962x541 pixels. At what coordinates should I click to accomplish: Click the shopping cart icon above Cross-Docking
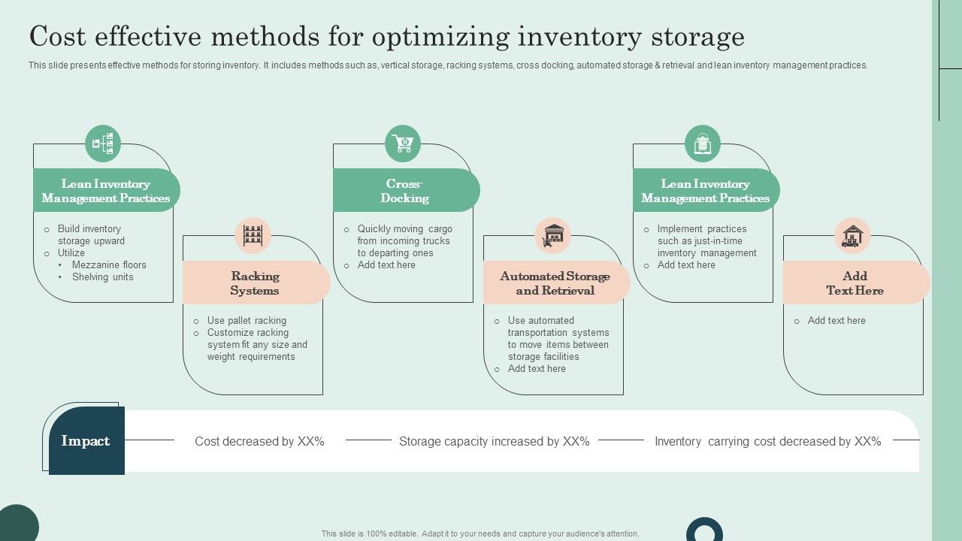tap(403, 143)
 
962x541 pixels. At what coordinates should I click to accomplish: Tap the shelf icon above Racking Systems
tap(253, 235)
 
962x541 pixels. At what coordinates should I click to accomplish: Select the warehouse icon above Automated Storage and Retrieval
tap(552, 235)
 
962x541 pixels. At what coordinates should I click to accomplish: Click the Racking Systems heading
tap(255, 283)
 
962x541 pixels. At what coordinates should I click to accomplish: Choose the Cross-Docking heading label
tap(404, 191)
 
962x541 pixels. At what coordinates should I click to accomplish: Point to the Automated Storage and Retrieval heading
tap(555, 283)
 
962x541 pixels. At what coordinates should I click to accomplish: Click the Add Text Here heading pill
tap(855, 283)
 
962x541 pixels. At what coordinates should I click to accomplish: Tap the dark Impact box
tap(86, 441)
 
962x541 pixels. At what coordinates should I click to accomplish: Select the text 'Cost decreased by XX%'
tap(259, 442)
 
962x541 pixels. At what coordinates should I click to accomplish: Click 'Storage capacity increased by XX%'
tap(494, 442)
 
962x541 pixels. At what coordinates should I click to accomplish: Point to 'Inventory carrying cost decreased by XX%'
tap(767, 442)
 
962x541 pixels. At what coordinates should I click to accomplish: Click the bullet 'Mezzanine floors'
tap(109, 265)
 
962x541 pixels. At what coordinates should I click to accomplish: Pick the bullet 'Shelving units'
tap(102, 277)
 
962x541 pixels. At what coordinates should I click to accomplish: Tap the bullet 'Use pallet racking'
tap(247, 321)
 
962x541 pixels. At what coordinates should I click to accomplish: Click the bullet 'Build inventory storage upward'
tap(91, 234)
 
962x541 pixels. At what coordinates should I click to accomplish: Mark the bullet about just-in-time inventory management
tap(706, 241)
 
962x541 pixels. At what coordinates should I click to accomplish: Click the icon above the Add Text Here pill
tap(852, 235)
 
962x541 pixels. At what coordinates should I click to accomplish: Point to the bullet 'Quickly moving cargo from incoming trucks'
tap(404, 235)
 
